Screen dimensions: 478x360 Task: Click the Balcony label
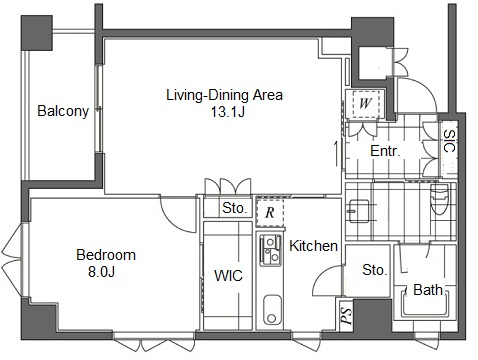tap(63, 111)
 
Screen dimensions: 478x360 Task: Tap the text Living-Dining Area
tap(224, 95)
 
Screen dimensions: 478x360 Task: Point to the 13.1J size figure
tap(228, 112)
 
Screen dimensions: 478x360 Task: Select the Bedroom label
tap(106, 255)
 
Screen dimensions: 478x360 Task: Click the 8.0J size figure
tap(101, 272)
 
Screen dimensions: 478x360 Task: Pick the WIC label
tap(228, 276)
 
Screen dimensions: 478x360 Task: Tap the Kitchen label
tap(313, 246)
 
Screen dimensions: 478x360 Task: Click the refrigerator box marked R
tap(270, 213)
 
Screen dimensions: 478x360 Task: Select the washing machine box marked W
tap(366, 103)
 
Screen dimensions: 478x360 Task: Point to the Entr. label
tap(385, 151)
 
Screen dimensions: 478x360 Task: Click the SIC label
tap(450, 141)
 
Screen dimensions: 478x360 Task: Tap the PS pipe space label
tap(346, 316)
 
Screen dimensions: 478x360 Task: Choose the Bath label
tap(428, 290)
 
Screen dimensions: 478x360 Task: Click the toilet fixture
tap(439, 199)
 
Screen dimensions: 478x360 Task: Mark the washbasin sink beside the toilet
tap(359, 211)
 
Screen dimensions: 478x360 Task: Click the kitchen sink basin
tap(272, 310)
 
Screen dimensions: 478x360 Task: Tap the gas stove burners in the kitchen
tap(270, 250)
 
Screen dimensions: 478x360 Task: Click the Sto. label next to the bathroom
tap(375, 270)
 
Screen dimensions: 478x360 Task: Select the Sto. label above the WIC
tap(235, 208)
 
